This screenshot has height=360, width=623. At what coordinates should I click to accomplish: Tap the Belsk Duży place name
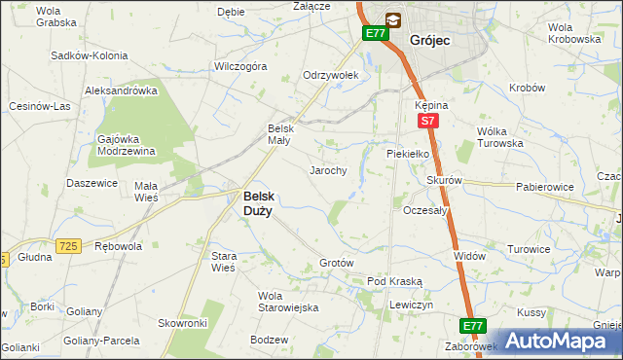pyautogui.click(x=257, y=201)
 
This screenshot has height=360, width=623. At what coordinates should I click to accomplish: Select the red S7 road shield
pyautogui.click(x=427, y=121)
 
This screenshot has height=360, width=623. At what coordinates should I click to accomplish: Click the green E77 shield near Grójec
pyautogui.click(x=376, y=33)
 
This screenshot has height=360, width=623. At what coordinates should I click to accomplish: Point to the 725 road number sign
pyautogui.click(x=67, y=247)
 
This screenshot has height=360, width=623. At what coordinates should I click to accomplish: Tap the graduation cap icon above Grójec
pyautogui.click(x=392, y=18)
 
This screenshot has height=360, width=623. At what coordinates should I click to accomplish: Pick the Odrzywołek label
pyautogui.click(x=332, y=75)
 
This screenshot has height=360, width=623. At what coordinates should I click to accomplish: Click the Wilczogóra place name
pyautogui.click(x=240, y=67)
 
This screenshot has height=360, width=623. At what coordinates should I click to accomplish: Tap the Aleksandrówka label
pyautogui.click(x=122, y=90)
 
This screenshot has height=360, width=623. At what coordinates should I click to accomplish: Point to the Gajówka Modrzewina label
pyautogui.click(x=128, y=145)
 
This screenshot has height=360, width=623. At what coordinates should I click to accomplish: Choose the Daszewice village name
pyautogui.click(x=92, y=183)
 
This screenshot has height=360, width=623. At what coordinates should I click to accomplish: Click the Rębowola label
pyautogui.click(x=118, y=246)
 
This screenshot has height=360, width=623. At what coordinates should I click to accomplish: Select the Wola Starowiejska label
pyautogui.click(x=288, y=302)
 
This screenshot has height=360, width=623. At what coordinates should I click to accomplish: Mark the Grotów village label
pyautogui.click(x=336, y=264)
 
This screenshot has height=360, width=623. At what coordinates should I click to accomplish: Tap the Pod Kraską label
pyautogui.click(x=394, y=281)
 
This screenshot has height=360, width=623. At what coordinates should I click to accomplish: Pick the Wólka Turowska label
pyautogui.click(x=500, y=137)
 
